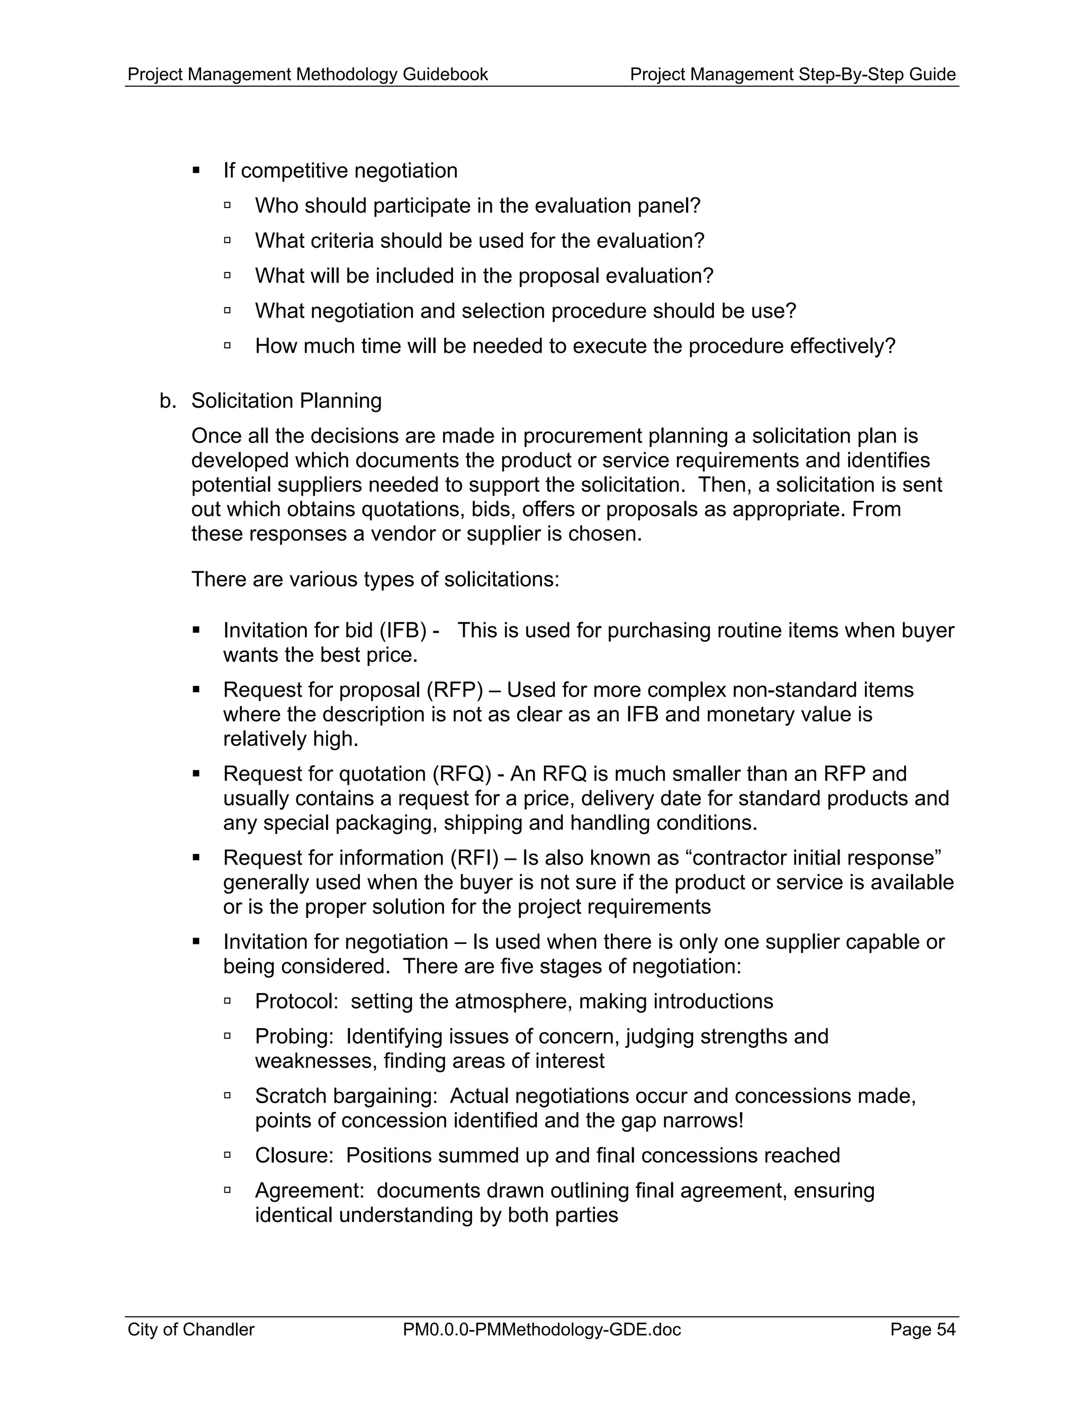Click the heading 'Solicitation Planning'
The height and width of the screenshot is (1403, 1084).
(286, 401)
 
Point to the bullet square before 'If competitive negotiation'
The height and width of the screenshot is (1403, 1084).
(196, 171)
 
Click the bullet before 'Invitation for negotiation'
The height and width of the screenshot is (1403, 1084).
(196, 942)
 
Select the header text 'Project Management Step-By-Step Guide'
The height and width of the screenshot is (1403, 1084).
(792, 75)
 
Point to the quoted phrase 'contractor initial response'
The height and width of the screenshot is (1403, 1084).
(814, 858)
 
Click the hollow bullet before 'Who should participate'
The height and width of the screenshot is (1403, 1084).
(227, 205)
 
